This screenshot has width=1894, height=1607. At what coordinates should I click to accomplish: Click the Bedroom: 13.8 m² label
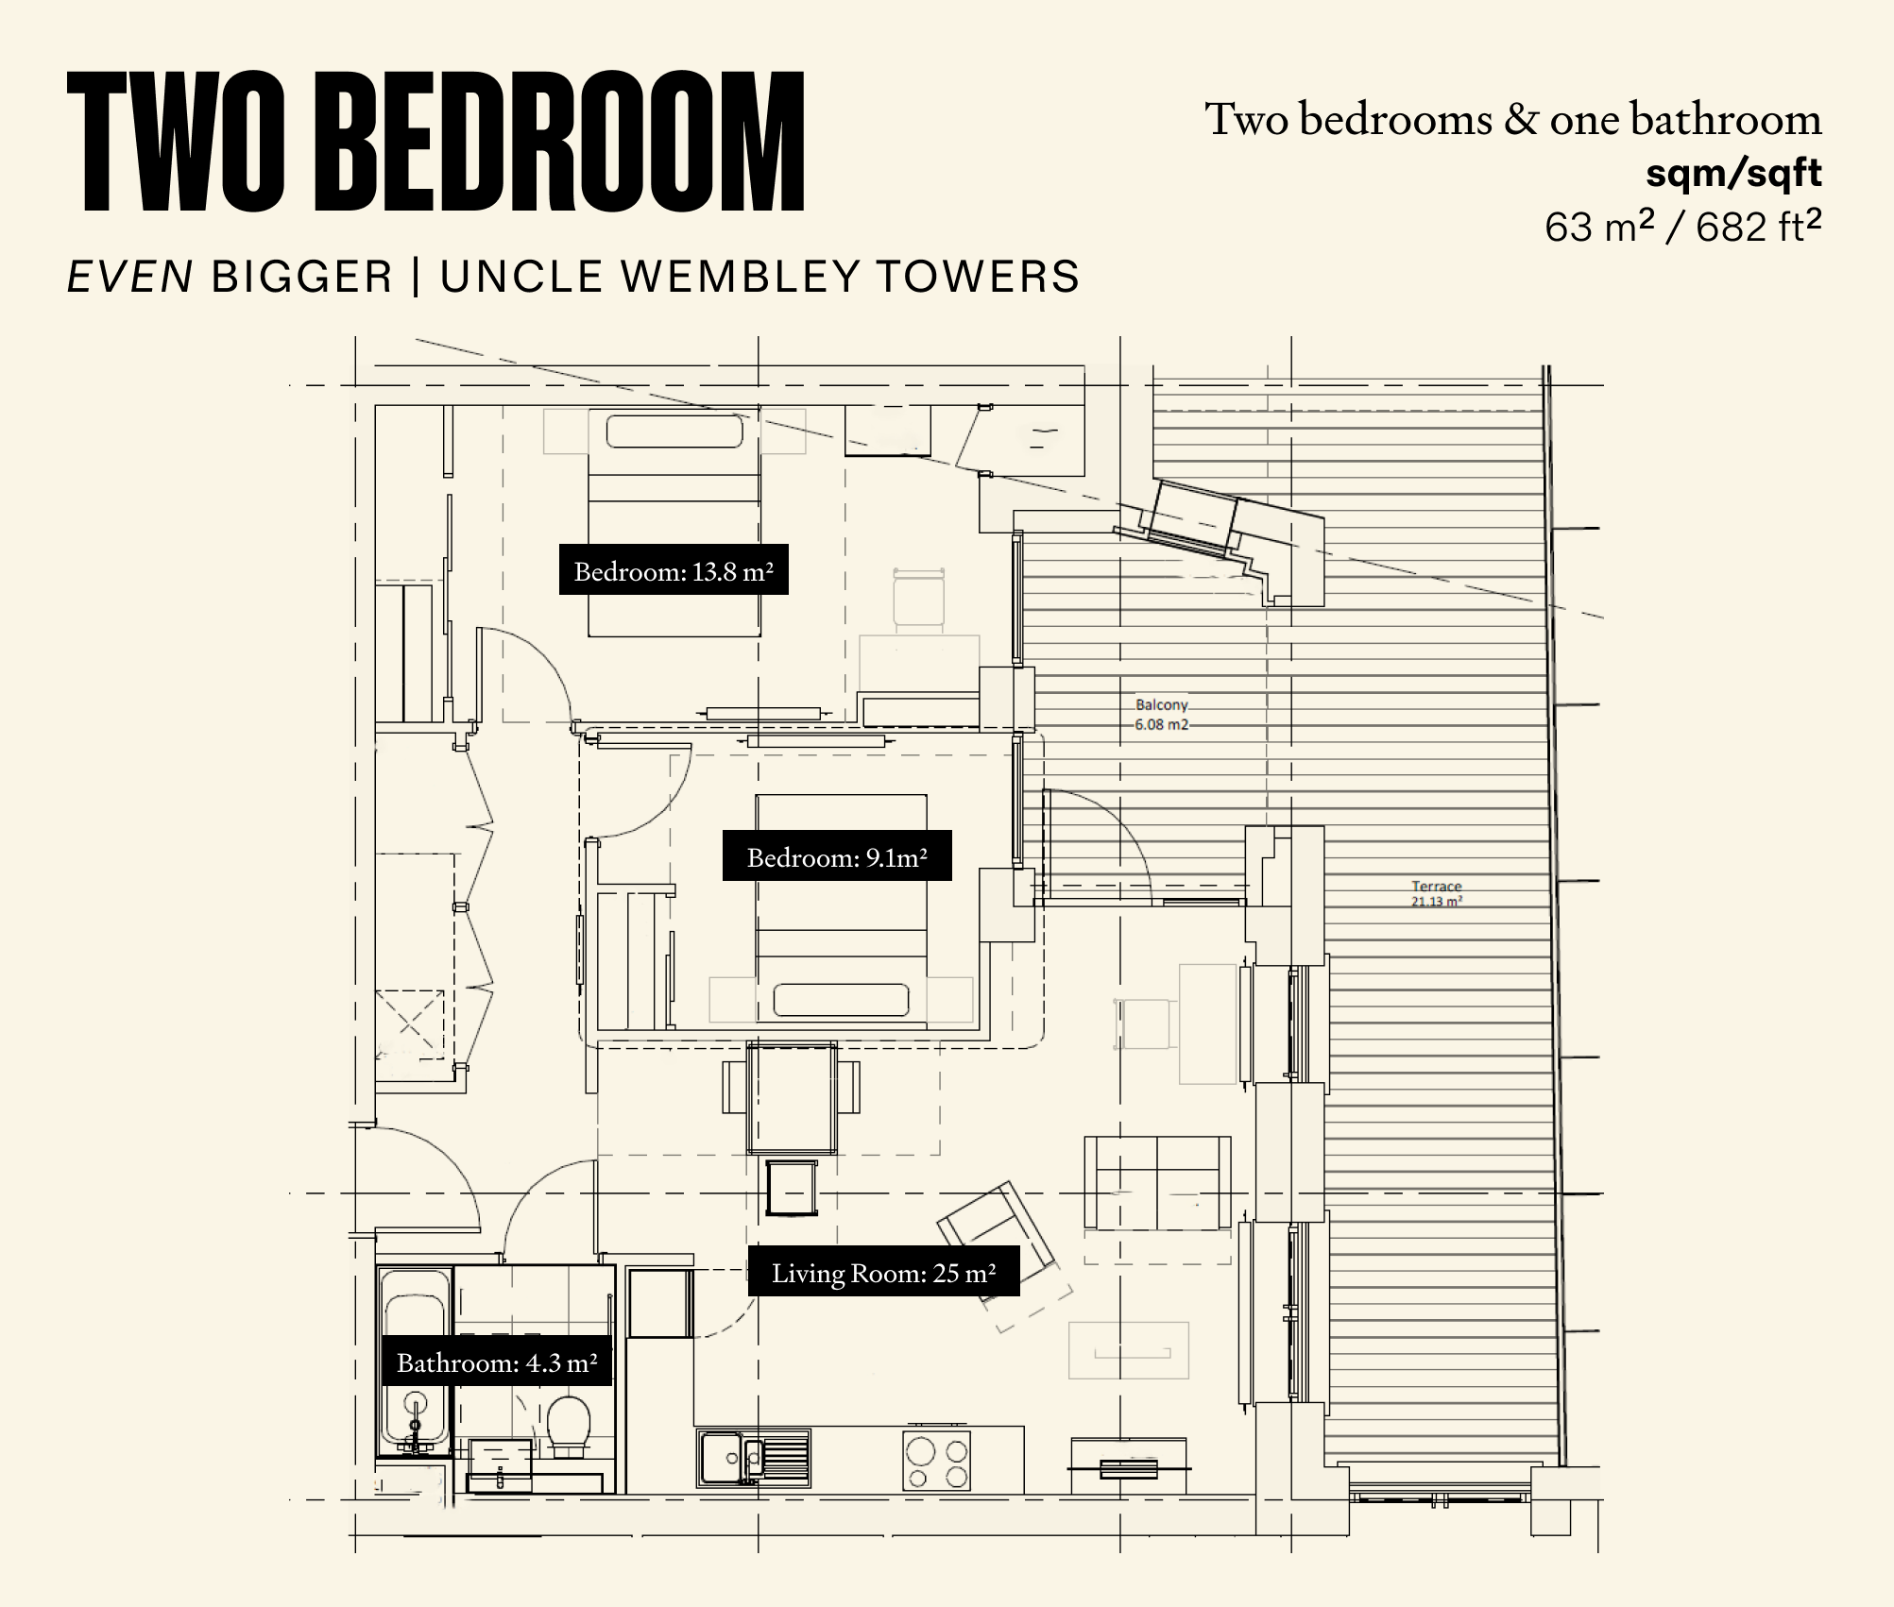(x=674, y=569)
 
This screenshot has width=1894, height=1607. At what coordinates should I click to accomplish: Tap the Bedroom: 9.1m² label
(x=837, y=855)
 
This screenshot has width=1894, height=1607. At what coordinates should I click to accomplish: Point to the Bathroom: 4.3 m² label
(x=496, y=1362)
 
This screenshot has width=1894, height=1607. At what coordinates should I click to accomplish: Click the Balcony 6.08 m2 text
(x=1162, y=715)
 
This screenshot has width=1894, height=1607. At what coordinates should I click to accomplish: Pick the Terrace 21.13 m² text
(x=1437, y=893)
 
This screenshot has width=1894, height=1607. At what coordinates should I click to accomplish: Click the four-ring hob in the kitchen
(x=937, y=1463)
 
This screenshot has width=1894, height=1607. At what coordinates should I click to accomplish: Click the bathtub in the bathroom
(x=415, y=1361)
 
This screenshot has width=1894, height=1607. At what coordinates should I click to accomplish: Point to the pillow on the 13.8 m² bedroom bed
(x=674, y=431)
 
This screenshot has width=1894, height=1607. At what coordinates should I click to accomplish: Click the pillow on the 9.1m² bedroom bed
(x=841, y=1000)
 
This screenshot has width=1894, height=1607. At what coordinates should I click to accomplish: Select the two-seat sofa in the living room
(x=1157, y=1182)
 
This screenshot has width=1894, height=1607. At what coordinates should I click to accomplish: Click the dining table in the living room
(x=792, y=1097)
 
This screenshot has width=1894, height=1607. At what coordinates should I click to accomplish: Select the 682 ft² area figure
(x=1758, y=227)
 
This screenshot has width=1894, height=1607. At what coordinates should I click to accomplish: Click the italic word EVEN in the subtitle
(x=130, y=277)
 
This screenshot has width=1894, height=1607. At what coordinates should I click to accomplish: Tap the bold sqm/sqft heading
(x=1733, y=173)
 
